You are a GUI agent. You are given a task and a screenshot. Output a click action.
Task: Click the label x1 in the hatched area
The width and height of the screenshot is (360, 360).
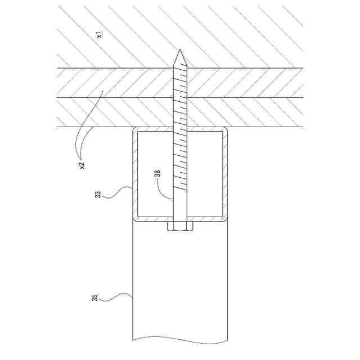point(99,35)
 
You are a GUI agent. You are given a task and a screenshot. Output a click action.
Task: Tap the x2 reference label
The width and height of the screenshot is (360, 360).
point(82,164)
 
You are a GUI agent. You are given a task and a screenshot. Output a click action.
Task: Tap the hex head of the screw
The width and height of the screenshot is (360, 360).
point(181,227)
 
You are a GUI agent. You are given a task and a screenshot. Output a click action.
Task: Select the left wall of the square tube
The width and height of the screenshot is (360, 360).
point(135,174)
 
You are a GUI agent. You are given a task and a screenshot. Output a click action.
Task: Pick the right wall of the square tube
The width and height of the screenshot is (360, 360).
point(225,174)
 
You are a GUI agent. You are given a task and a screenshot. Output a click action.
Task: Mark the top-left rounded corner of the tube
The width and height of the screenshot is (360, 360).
point(135,130)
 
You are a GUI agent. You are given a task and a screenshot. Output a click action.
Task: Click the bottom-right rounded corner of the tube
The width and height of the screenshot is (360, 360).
point(225,218)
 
